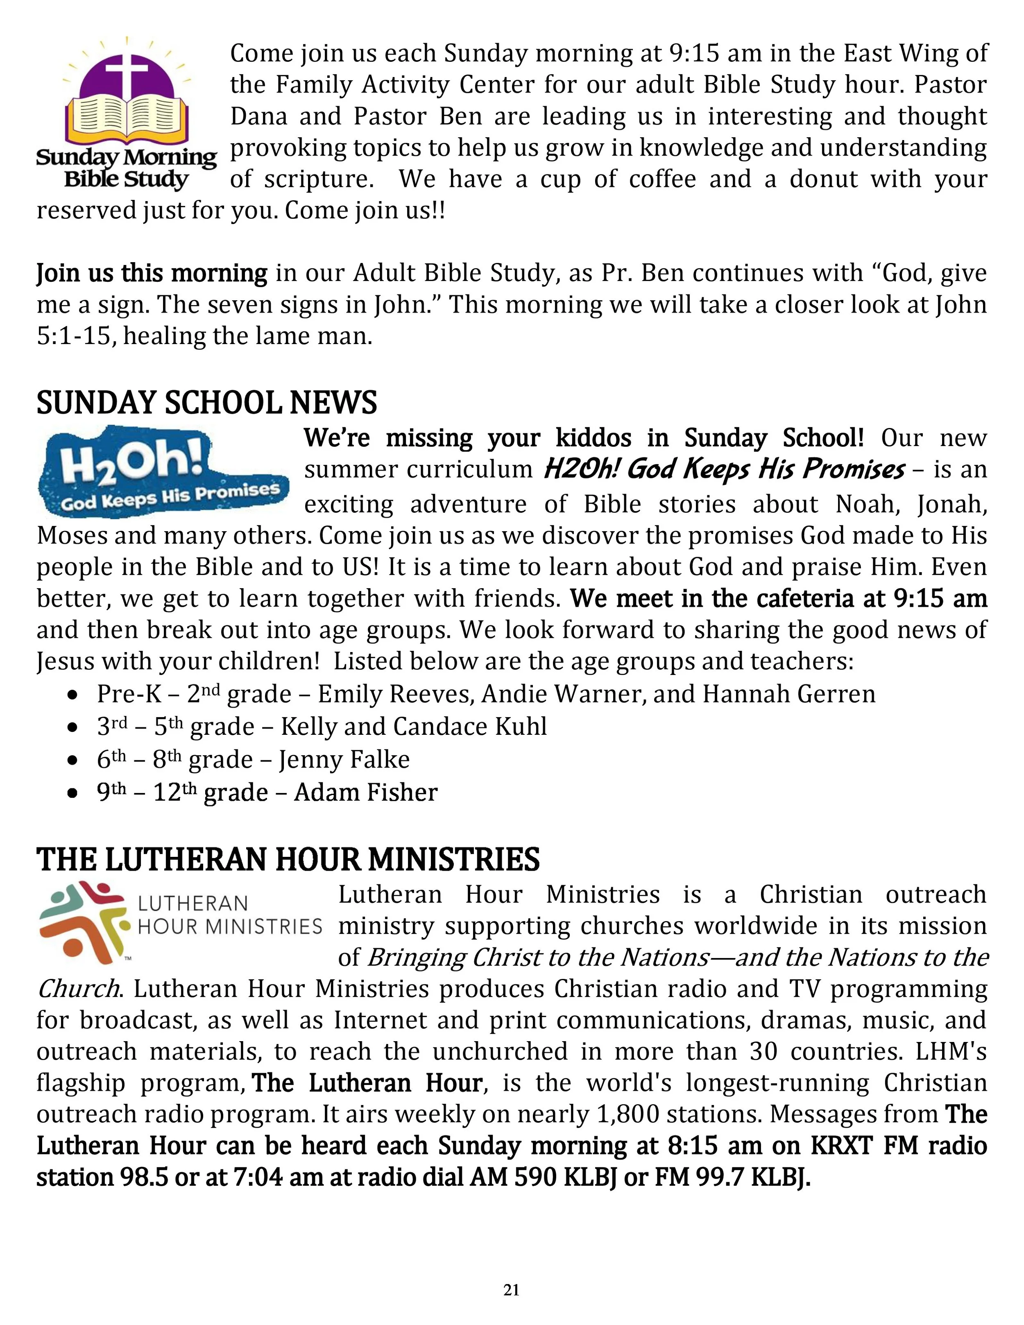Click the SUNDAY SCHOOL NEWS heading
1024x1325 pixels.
[207, 403]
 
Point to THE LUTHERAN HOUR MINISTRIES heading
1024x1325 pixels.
[288, 860]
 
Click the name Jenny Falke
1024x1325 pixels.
[344, 759]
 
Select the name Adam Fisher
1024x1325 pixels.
[366, 792]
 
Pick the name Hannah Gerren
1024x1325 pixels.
[789, 694]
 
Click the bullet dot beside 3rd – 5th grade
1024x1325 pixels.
[73, 727]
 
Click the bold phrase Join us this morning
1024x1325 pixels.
[152, 274]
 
